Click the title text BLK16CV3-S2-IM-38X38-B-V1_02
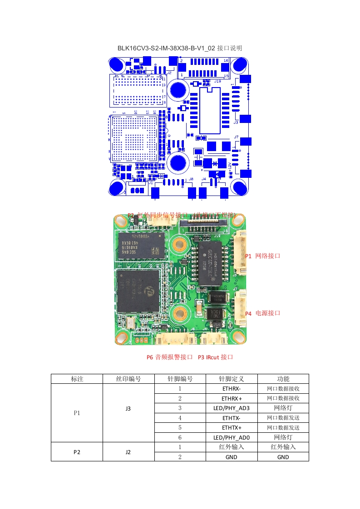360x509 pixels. (x=166, y=48)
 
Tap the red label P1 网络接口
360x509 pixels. (x=263, y=256)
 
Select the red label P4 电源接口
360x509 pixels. (x=263, y=313)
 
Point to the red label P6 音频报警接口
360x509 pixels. (x=169, y=357)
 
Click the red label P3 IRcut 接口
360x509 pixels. (x=216, y=357)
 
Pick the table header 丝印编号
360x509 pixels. (x=128, y=379)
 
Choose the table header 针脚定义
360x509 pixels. (x=232, y=379)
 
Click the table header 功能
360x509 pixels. (x=283, y=379)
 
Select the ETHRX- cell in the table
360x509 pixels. (x=232, y=389)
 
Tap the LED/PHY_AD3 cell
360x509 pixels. (x=232, y=408)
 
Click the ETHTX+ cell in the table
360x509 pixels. (x=232, y=428)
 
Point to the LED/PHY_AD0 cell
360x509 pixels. (x=232, y=437)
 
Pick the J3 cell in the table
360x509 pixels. (x=128, y=408)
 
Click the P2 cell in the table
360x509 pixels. (x=77, y=452)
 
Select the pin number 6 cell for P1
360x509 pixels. (x=180, y=437)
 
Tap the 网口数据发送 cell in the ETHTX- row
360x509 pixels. (x=283, y=418)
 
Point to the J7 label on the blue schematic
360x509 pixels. (x=236, y=137)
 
